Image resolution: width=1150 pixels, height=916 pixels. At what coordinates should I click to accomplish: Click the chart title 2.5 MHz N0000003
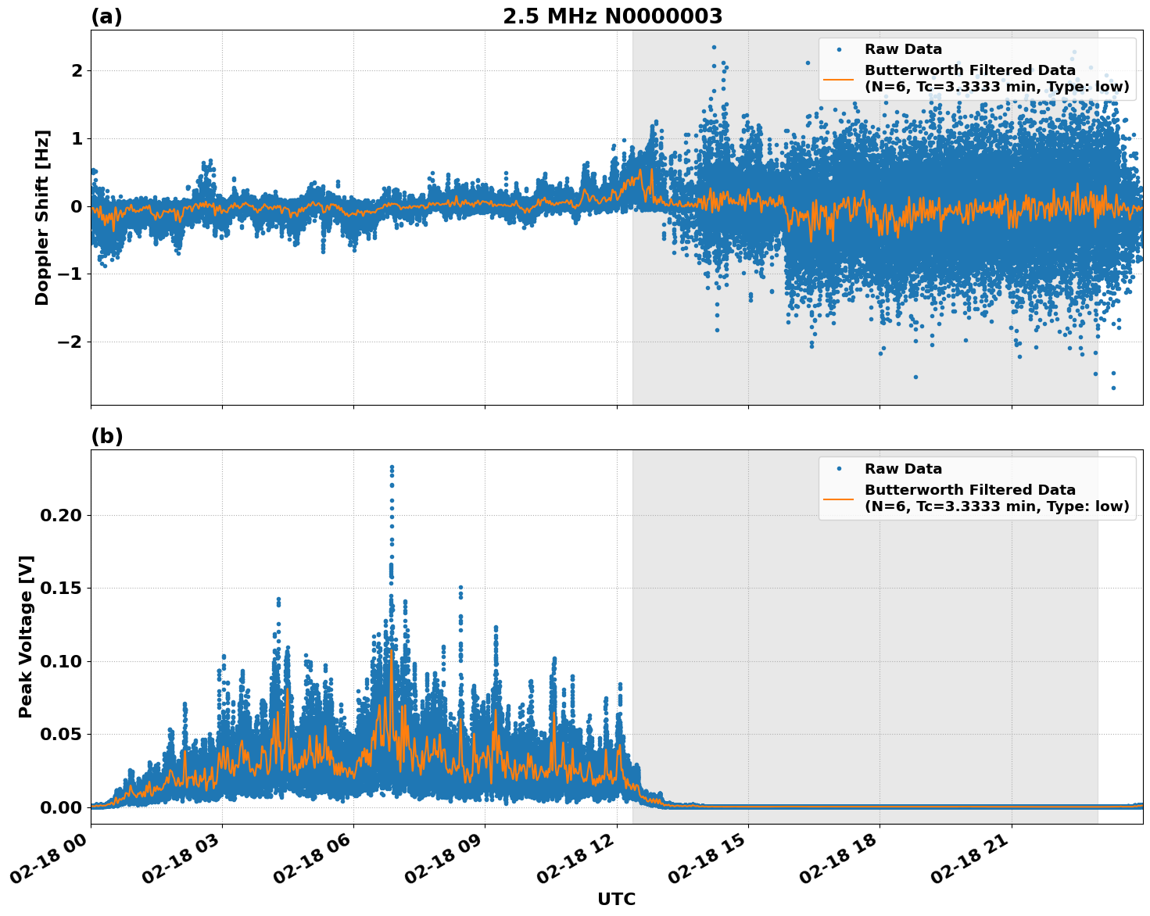point(612,16)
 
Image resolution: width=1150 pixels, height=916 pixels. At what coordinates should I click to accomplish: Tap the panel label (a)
point(106,16)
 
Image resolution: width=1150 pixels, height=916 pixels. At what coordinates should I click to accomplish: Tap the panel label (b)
point(106,436)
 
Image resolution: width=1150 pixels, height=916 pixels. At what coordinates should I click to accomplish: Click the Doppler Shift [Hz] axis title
point(42,217)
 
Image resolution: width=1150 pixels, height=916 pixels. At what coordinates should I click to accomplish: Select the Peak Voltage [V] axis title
point(26,636)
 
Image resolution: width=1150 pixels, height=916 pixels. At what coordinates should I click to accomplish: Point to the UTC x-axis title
point(616,899)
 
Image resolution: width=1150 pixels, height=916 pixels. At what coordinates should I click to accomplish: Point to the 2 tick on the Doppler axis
point(77,70)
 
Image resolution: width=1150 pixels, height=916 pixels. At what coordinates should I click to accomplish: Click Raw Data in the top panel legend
point(903,49)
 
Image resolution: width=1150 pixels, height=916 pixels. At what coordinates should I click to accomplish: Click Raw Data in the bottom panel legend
point(903,469)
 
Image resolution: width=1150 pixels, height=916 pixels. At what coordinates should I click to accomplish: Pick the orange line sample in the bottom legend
point(838,498)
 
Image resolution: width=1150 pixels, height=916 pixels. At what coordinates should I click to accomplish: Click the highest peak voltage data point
point(392,467)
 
